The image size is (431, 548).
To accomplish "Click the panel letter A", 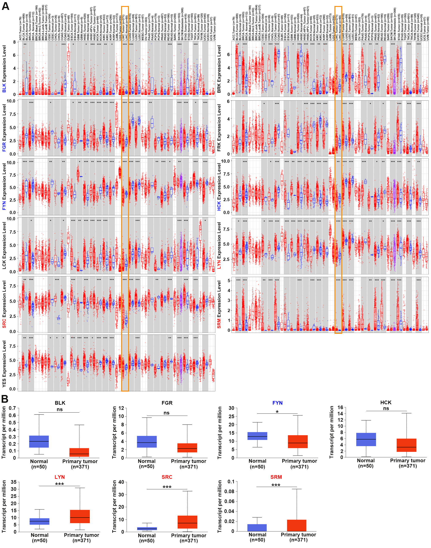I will [5, 6].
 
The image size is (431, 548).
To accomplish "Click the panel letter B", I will [5, 399].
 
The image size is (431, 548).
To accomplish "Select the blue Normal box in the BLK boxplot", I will [39, 441].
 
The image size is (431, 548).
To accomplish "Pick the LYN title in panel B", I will [60, 477].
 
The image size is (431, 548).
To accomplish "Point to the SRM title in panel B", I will [276, 477].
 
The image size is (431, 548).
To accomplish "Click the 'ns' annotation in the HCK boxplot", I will [386, 408].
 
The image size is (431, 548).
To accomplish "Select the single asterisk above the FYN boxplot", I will [277, 412].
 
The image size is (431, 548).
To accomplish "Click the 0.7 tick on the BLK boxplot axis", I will [12, 408].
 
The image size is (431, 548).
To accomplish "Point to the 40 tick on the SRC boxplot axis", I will [121, 482].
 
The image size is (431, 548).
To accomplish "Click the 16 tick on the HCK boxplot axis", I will [340, 407].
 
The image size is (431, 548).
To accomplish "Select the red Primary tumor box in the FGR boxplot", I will [187, 448].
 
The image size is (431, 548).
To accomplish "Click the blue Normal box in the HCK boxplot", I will [366, 439].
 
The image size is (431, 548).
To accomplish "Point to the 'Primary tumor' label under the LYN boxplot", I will [81, 535].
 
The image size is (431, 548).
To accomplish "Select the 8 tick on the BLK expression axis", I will [14, 42].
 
